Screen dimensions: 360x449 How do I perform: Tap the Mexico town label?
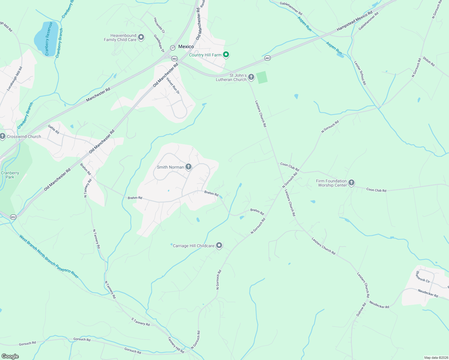pos(186,46)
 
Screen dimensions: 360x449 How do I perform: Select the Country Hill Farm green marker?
pos(226,55)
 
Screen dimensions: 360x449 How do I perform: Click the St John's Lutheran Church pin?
pos(251,77)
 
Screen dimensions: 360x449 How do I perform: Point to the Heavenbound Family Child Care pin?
pos(141,37)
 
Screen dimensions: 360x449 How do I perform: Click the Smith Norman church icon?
pos(188,167)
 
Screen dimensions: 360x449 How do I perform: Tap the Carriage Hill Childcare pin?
pos(219,245)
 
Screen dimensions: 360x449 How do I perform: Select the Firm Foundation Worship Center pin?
pos(351,182)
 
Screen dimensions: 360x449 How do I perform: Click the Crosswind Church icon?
pos(2,136)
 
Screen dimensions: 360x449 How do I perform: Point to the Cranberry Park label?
pos(10,175)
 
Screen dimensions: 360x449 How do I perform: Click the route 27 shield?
pos(173,47)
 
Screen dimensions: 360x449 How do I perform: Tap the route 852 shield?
pos(13,217)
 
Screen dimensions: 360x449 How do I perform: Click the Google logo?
pos(10,356)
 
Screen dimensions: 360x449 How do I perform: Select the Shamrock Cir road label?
pos(423,277)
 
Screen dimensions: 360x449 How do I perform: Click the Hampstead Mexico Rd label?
pos(354,21)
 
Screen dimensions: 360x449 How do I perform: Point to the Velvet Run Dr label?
pos(173,86)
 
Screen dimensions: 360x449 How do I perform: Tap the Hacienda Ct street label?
pos(159,25)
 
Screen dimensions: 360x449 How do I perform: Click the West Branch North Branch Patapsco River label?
pos(49,256)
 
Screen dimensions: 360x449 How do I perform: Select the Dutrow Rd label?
pos(361,309)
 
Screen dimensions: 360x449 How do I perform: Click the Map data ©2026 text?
pos(435,358)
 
